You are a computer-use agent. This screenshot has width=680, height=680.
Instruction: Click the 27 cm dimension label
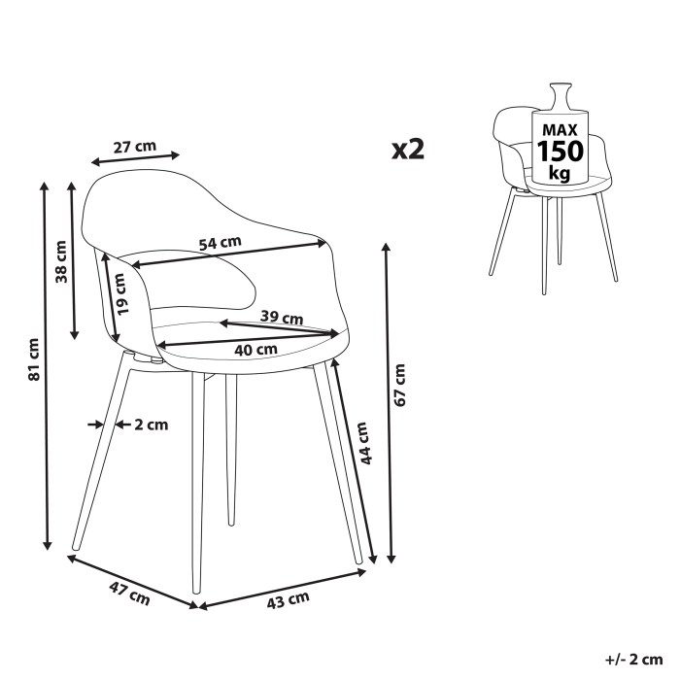(134, 147)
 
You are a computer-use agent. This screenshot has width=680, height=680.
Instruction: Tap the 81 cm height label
(33, 359)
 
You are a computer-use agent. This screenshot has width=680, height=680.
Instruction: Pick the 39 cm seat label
(283, 317)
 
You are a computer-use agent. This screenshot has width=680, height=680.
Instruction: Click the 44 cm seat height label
(363, 443)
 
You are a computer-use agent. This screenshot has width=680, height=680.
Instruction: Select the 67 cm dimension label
(399, 384)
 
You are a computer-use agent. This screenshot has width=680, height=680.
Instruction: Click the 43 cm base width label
(288, 602)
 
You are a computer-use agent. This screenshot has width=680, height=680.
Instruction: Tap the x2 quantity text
(408, 149)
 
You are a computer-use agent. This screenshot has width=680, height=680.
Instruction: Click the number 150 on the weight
(559, 152)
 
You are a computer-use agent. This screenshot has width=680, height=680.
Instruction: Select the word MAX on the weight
(559, 129)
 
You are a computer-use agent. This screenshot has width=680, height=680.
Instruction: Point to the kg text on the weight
(559, 174)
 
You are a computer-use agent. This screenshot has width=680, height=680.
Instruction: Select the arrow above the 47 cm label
(133, 580)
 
